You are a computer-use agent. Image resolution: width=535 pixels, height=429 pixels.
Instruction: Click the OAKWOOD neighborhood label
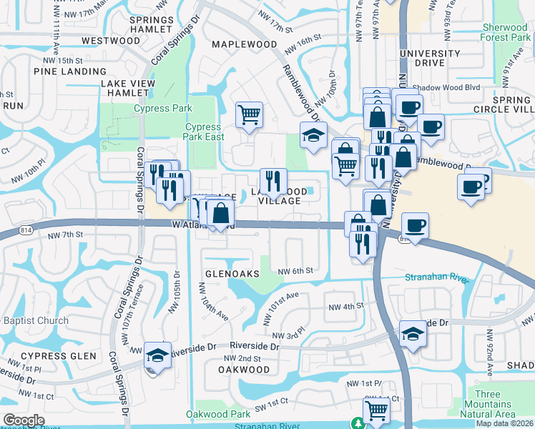(x=244, y=370)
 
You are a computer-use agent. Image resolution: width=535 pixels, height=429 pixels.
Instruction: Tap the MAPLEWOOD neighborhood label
(x=245, y=44)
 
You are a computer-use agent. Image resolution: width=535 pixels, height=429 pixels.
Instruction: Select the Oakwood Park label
(x=218, y=414)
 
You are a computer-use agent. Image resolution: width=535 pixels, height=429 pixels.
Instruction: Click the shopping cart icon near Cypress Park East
(x=249, y=114)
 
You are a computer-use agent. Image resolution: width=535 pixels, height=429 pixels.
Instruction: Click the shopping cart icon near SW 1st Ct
(x=376, y=410)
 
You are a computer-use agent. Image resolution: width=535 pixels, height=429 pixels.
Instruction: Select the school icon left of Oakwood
(x=157, y=355)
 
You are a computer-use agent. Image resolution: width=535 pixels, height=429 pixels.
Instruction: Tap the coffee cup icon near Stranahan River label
(x=415, y=225)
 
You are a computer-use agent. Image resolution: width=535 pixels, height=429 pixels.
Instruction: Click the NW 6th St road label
(x=296, y=271)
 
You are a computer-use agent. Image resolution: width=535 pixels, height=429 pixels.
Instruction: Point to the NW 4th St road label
(x=346, y=306)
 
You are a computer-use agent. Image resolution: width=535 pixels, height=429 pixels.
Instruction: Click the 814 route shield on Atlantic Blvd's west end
(x=26, y=231)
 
